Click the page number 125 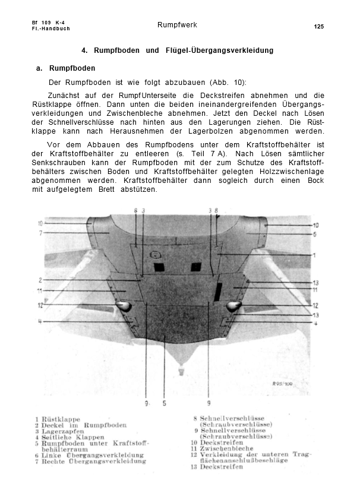tap(318, 27)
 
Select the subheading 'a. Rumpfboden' tap(65, 69)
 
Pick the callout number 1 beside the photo tap(314, 255)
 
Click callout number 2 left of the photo tap(40, 280)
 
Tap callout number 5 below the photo tap(165, 404)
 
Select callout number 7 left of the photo tap(40, 233)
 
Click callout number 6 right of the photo tap(315, 234)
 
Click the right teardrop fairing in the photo tap(233, 305)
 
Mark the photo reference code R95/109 tap(284, 384)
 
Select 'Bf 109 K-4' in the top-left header tap(48, 23)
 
